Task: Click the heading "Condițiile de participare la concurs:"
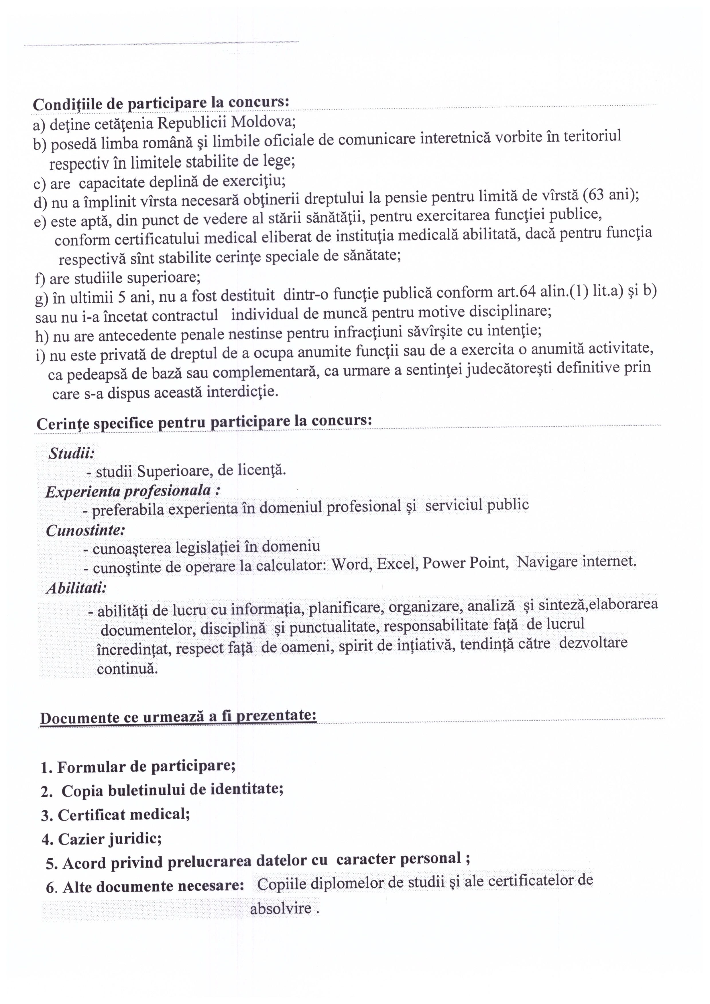(x=161, y=103)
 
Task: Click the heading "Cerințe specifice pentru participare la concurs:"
(x=204, y=422)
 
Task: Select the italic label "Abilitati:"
(x=76, y=588)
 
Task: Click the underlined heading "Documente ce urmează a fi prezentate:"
(x=178, y=717)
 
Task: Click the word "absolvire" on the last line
(x=281, y=909)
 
